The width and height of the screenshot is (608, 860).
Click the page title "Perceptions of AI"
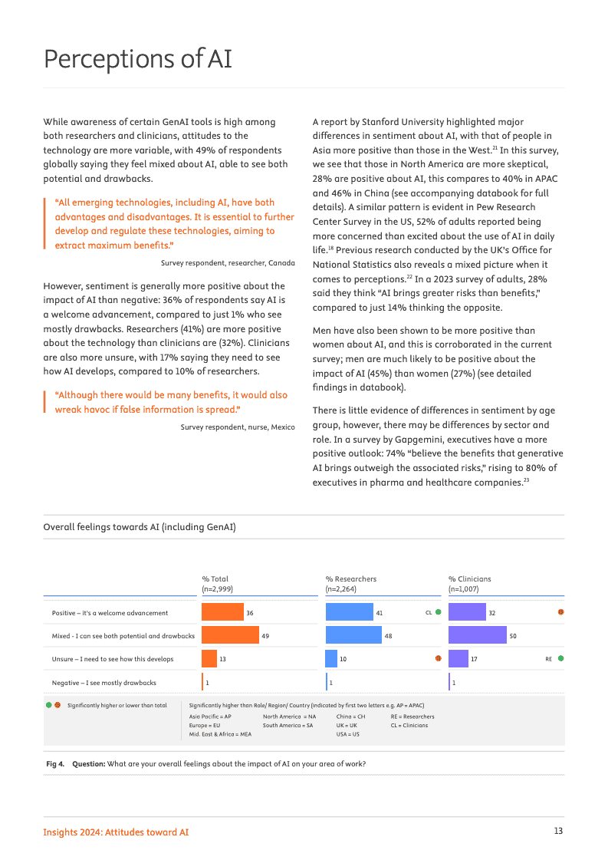click(x=138, y=59)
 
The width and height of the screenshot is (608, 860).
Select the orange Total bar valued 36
click(x=222, y=612)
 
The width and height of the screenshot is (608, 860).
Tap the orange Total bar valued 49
click(x=230, y=635)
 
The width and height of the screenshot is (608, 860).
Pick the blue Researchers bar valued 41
click(x=349, y=612)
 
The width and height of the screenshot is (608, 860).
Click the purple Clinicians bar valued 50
click(x=477, y=635)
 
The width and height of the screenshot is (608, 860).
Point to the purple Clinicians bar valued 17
click(x=458, y=658)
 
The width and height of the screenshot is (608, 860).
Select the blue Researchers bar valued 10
click(x=331, y=658)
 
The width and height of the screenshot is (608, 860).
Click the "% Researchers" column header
click(x=351, y=579)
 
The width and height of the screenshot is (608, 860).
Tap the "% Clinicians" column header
click(x=470, y=579)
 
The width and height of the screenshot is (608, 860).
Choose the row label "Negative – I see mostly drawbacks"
click(x=104, y=682)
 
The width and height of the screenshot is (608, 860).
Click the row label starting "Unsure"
click(x=113, y=658)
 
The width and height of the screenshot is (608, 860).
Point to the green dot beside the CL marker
click(x=438, y=612)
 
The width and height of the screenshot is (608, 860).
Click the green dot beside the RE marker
click(x=561, y=658)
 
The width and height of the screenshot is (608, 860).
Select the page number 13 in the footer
click(x=558, y=832)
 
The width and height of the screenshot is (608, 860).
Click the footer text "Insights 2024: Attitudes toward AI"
click(x=116, y=832)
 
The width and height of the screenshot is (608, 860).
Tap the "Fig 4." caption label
click(x=55, y=763)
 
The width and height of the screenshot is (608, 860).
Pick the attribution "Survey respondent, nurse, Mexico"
click(x=238, y=427)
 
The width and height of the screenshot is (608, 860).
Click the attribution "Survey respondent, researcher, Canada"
click(x=228, y=262)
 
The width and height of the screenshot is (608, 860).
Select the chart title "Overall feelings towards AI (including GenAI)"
click(x=140, y=527)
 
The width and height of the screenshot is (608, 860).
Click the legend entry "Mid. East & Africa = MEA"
click(x=220, y=733)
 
